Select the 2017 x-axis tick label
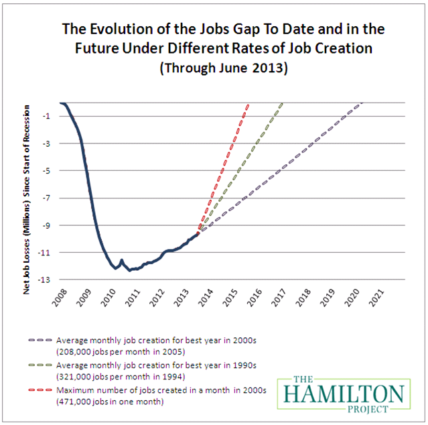(x=279, y=295)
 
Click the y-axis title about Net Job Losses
(x=27, y=191)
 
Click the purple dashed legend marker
(x=42, y=341)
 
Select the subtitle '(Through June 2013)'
(x=213, y=68)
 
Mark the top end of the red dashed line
(x=249, y=104)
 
